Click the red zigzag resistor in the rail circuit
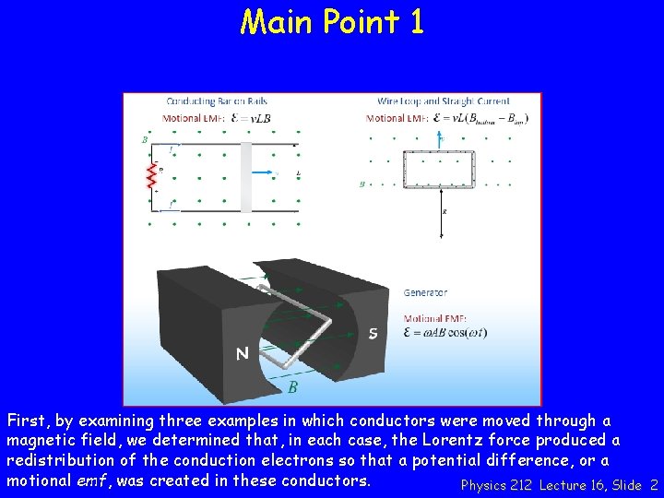point(153,179)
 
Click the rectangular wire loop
point(439,169)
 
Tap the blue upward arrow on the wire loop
point(440,139)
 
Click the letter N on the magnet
point(242,352)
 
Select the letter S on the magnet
point(373,333)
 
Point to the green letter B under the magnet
point(292,387)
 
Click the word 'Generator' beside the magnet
point(425,293)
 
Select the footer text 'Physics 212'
point(496,485)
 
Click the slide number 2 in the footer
point(654,485)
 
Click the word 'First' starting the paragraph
point(26,421)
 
